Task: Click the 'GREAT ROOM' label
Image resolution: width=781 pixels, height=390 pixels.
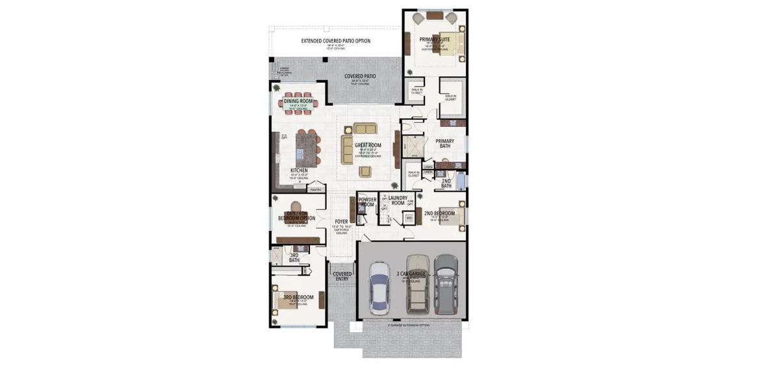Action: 368,146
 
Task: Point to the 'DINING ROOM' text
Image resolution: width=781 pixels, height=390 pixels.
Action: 298,101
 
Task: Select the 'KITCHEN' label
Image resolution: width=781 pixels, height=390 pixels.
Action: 299,171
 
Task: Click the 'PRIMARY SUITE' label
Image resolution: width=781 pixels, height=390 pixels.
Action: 435,40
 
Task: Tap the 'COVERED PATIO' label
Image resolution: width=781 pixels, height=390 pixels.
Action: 360,76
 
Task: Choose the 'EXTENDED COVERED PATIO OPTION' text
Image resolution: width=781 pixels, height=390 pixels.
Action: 335,41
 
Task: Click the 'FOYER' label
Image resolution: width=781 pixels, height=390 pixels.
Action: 341,222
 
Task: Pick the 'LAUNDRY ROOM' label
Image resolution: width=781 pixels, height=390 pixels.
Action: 393,200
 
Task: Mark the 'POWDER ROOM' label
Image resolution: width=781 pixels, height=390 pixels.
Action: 367,202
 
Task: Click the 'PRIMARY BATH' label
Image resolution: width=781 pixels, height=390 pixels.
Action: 444,144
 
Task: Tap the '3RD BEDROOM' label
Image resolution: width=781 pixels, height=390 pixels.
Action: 298,297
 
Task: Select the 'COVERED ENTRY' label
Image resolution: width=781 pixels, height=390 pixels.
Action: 342,276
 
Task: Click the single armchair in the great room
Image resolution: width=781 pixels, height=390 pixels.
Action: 366,171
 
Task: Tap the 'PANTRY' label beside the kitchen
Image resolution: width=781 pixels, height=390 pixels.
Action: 316,190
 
